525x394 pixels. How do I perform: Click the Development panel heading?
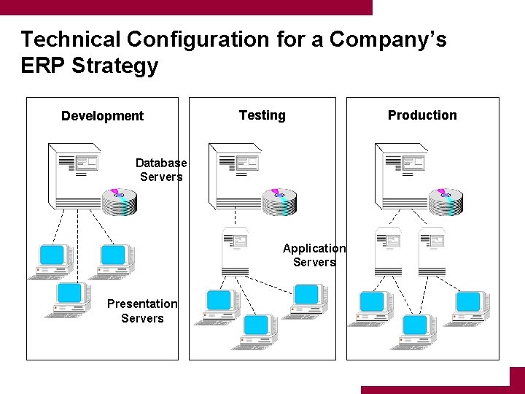click(x=102, y=116)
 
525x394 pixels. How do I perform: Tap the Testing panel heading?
click(x=262, y=115)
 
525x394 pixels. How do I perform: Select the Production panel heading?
click(x=422, y=115)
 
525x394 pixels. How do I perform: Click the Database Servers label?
click(x=161, y=170)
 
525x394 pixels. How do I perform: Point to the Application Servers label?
click(x=314, y=255)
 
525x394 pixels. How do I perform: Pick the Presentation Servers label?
click(x=142, y=311)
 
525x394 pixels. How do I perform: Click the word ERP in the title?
click(x=44, y=66)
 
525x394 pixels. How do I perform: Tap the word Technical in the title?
click(x=70, y=39)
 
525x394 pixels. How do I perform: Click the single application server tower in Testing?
click(x=236, y=252)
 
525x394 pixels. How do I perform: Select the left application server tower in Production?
click(x=387, y=252)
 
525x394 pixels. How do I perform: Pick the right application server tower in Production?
click(x=432, y=252)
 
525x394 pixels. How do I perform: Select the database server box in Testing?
click(x=236, y=175)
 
